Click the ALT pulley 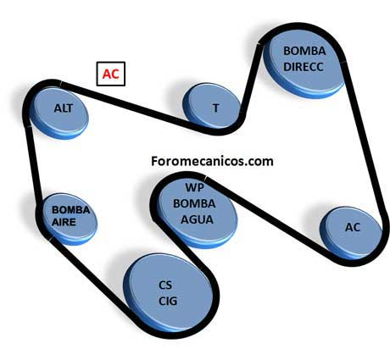coord(58,113)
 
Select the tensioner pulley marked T coord(212,107)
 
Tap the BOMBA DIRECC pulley coord(304,63)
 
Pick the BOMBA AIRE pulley coord(69,219)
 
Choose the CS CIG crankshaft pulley coord(169,292)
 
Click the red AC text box coord(111,74)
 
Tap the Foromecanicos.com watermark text coord(212,161)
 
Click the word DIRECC coord(304,67)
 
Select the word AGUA coord(197,219)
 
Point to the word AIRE coord(64,222)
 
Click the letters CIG coord(168,301)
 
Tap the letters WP coord(194,187)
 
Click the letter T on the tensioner coord(215,108)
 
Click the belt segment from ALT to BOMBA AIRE coord(33,167)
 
